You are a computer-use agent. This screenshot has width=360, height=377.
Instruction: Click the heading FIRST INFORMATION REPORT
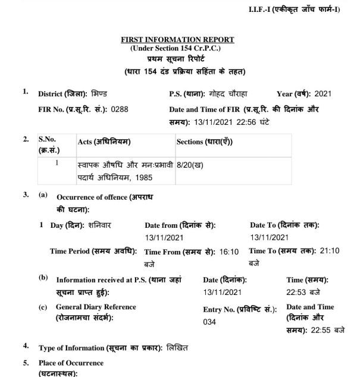(x=177, y=39)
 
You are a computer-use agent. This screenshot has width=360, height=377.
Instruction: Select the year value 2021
(x=323, y=93)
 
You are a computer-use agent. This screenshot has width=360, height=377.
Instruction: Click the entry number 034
(x=209, y=321)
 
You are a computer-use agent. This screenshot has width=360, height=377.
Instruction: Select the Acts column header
(x=104, y=142)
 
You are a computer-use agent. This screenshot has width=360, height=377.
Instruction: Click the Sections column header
(x=204, y=142)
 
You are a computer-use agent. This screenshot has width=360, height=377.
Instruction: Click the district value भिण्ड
(x=99, y=93)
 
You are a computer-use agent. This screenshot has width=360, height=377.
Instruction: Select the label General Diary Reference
(x=96, y=307)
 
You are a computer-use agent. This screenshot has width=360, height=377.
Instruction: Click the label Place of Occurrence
(x=71, y=363)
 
